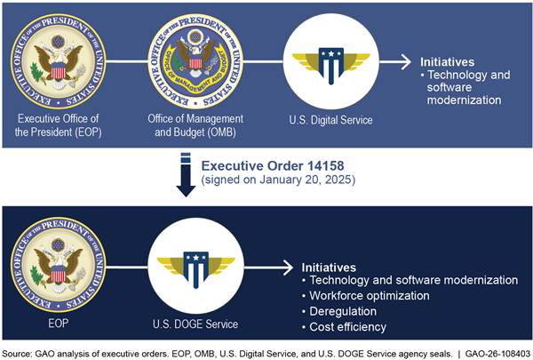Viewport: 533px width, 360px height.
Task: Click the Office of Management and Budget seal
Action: [x=195, y=61]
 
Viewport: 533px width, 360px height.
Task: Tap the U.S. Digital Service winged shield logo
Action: [x=331, y=65]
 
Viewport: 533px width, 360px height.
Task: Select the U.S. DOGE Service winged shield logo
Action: [x=195, y=269]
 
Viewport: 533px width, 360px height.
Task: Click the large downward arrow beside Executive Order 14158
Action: [x=186, y=174]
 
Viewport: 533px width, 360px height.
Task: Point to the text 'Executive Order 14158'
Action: [x=273, y=165]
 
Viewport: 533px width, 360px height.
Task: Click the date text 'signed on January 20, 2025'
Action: [x=278, y=180]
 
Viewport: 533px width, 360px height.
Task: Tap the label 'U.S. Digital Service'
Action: [x=330, y=120]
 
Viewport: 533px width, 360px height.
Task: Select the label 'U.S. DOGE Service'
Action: [x=195, y=324]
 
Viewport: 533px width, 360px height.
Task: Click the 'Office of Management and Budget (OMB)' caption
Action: [x=195, y=125]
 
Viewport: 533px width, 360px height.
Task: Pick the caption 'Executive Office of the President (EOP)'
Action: [x=58, y=125]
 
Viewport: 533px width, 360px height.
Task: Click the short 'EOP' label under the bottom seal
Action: [x=58, y=323]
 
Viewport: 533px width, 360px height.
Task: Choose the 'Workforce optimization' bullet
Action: [x=366, y=296]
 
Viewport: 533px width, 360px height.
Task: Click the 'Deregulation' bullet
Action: [x=339, y=311]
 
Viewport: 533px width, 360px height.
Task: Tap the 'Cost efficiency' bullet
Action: [x=344, y=327]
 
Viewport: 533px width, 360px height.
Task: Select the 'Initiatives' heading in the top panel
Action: [x=448, y=62]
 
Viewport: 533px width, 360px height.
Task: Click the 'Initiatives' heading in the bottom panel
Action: [x=329, y=268]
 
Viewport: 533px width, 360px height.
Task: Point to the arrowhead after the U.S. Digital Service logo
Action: [x=406, y=62]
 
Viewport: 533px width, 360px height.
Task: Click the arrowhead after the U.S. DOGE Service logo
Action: [x=288, y=268]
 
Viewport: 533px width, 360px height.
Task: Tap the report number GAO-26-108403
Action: [x=497, y=354]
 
